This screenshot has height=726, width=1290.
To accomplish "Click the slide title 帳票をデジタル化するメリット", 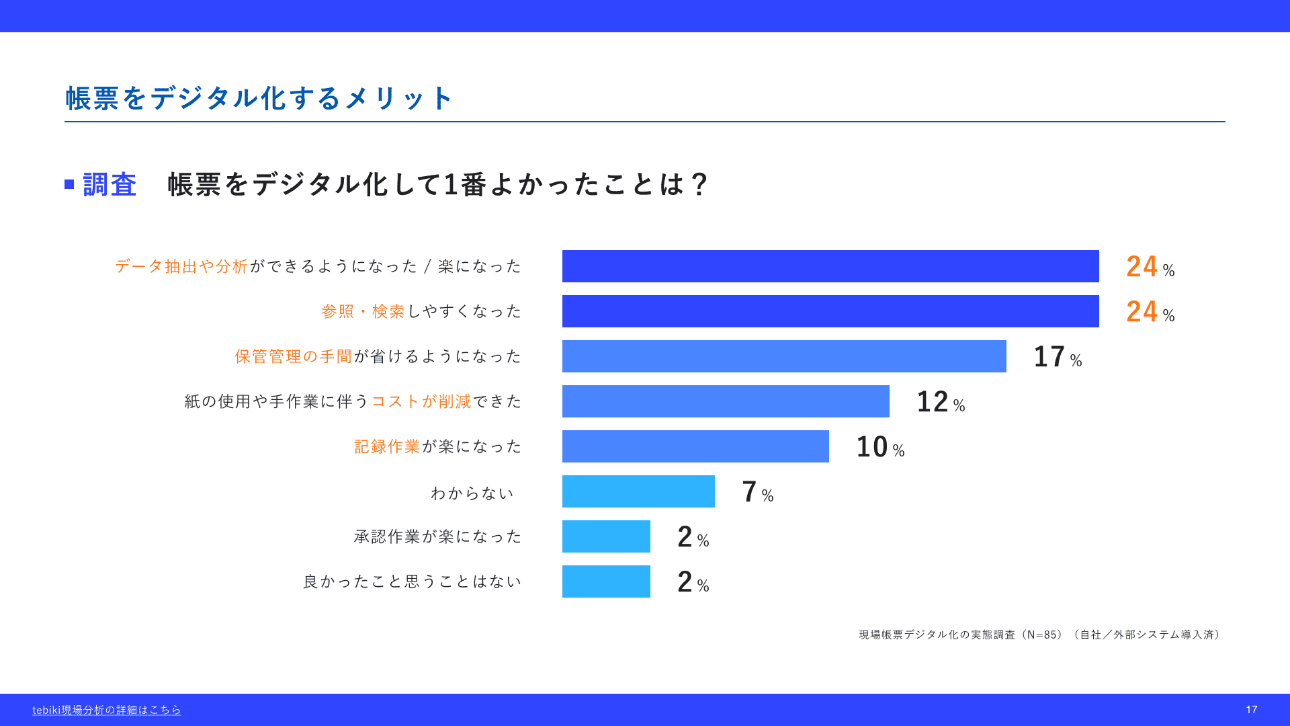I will pos(259,98).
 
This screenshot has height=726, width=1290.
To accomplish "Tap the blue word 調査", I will pos(110,185).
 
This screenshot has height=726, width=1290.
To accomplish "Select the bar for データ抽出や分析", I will pos(830,266).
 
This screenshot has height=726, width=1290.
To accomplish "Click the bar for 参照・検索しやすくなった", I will pos(830,311).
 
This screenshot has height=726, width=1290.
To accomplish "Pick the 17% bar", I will pos(784,356).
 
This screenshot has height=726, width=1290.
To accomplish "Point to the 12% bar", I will pos(726,401).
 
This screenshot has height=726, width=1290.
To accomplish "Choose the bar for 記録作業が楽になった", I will pos(695,446).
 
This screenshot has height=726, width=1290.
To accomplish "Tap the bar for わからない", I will pos(638,491).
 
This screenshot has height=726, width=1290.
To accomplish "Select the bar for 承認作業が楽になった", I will pos(606,536).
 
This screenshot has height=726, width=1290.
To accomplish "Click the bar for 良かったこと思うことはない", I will pos(606,581).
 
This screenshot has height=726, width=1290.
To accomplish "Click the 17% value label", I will pos(1058,357).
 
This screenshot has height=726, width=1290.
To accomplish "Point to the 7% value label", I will pos(758,492).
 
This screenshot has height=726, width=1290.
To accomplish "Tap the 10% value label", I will pos(880,447).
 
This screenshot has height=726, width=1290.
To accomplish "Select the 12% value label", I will pos(941,402).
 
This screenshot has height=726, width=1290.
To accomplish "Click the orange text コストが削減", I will pos(422,401).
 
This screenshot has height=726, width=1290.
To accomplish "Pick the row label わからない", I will pos(472,493).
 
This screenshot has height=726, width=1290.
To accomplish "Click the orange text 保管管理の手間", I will pos(294,356).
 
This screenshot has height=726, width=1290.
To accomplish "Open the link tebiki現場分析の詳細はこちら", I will pos(107,710).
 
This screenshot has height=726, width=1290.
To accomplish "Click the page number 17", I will pos(1251,710).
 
